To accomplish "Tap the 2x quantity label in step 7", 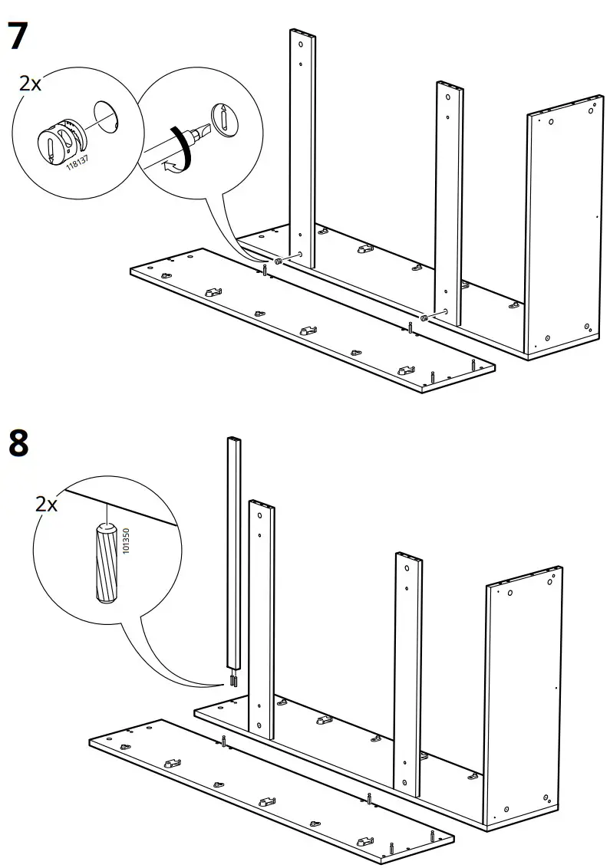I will [30, 84].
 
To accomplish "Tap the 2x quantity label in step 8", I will [47, 504].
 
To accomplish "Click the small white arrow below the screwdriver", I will [175, 162].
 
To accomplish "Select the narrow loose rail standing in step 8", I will [233, 552].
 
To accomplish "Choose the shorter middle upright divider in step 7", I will [450, 199].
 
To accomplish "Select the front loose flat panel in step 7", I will [307, 322].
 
